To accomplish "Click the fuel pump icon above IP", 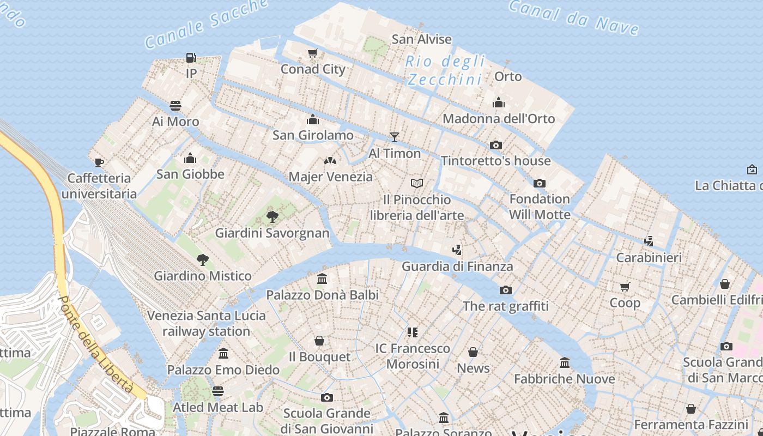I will pos(191,57).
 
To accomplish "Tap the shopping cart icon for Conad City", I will pos(313,53).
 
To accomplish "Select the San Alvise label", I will pos(421,39).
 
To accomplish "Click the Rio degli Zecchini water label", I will pos(445,70).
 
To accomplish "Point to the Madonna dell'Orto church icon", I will pos(499,102).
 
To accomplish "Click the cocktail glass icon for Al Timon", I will pos(395,137).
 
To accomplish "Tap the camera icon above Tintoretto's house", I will pos(496,145).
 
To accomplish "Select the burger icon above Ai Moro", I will pos(175,105).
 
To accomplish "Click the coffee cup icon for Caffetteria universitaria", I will pos(99,162).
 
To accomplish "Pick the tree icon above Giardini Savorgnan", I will pos(272,217).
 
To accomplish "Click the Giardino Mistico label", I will pos(203,276).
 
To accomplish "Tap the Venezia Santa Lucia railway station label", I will pos(207,323).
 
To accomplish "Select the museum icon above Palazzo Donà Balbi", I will pos(322,278).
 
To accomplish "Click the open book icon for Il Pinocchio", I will pos(417,183).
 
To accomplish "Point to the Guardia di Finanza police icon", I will pos(457,250).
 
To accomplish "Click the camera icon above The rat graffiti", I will pos(506,290).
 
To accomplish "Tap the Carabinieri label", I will pos(649,257).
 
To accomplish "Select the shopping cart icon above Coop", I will pos(625,287).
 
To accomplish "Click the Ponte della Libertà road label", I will pos(96,344).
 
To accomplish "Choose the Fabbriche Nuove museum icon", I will pos(565,362).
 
